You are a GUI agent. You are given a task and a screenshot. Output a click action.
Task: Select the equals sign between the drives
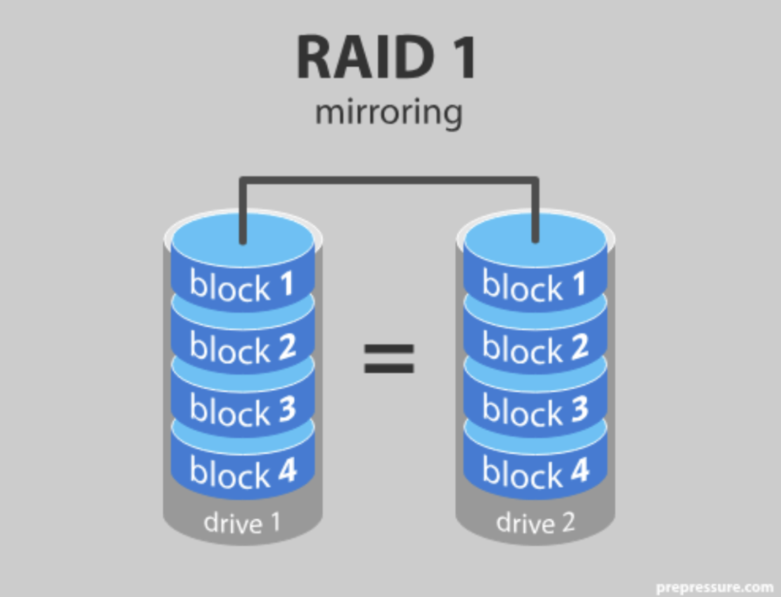[388, 358]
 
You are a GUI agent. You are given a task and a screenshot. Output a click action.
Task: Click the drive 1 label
[242, 522]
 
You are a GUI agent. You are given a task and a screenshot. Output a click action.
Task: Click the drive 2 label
[535, 522]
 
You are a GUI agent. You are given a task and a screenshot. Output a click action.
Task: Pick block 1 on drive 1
[242, 286]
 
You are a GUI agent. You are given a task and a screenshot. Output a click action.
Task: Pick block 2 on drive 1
[242, 348]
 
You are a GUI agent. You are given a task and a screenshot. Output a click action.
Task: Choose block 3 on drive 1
[242, 410]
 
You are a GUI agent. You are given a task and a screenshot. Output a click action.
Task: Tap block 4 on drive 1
[242, 472]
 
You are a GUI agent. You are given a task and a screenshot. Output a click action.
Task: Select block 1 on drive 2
[535, 286]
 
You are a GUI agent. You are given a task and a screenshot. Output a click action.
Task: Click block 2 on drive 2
[535, 348]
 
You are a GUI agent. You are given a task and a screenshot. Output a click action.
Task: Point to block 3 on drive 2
[535, 410]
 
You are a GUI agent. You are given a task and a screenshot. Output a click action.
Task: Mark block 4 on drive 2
[535, 472]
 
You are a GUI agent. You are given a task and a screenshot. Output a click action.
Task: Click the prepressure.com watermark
[714, 586]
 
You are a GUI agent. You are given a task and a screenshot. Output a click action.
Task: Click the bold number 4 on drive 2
[578, 471]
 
